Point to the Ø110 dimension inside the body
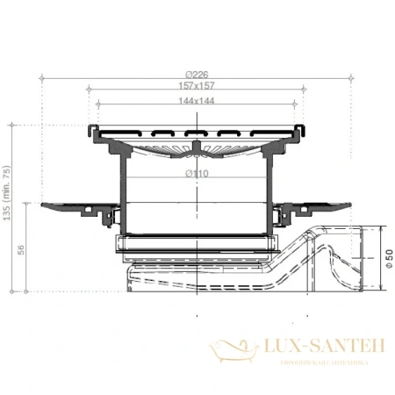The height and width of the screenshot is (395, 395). (x=197, y=174)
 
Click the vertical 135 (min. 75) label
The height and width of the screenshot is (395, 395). (x=8, y=197)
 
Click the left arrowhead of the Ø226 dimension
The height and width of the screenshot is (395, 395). (x=43, y=78)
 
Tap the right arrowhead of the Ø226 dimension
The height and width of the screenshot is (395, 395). (x=350, y=78)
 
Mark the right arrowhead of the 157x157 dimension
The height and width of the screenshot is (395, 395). (x=304, y=89)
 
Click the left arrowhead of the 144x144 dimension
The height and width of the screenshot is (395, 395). (x=98, y=104)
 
